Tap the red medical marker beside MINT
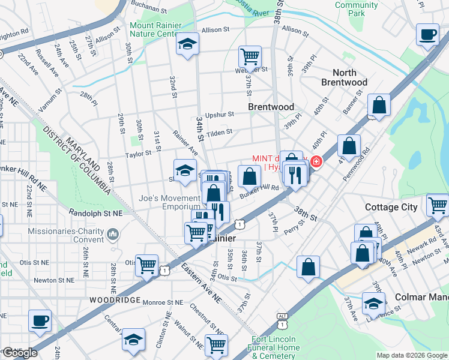[x=315, y=161]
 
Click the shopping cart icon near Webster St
[x=250, y=57]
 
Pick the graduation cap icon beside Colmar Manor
[x=373, y=304]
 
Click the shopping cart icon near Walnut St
[x=216, y=344]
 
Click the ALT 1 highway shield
[x=282, y=320]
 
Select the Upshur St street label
[x=219, y=114]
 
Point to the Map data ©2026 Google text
[x=412, y=355]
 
